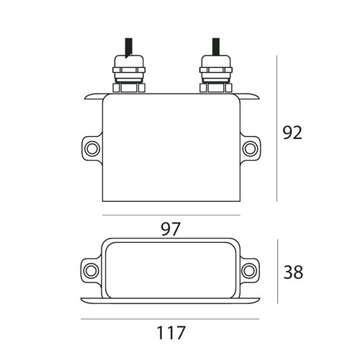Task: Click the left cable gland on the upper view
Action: point(128,76)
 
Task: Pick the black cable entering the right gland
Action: point(214,48)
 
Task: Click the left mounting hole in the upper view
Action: point(91,148)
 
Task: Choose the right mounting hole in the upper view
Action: point(249,148)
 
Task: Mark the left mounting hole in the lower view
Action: point(91,270)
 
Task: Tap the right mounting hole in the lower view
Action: point(249,270)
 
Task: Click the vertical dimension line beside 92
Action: point(278,130)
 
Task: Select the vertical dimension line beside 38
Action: point(278,272)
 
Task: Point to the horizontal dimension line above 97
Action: point(171,215)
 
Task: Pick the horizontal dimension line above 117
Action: point(171,319)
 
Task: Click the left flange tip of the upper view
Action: point(88,96)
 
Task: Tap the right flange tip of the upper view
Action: point(253,96)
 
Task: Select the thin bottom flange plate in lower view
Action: point(171,299)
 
